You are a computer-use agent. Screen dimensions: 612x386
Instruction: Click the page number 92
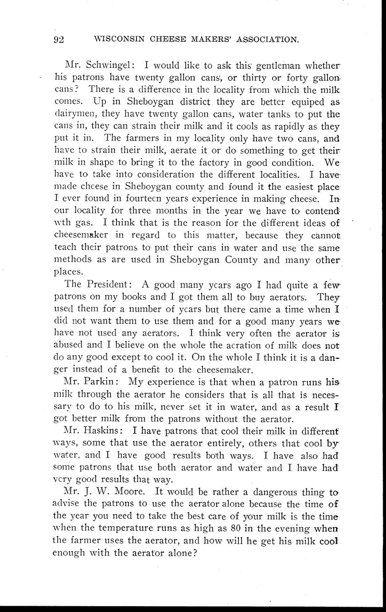pos(58,39)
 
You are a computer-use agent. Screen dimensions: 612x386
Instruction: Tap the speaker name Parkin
pos(100,381)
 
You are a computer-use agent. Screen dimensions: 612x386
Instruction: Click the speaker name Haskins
pos(103,430)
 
